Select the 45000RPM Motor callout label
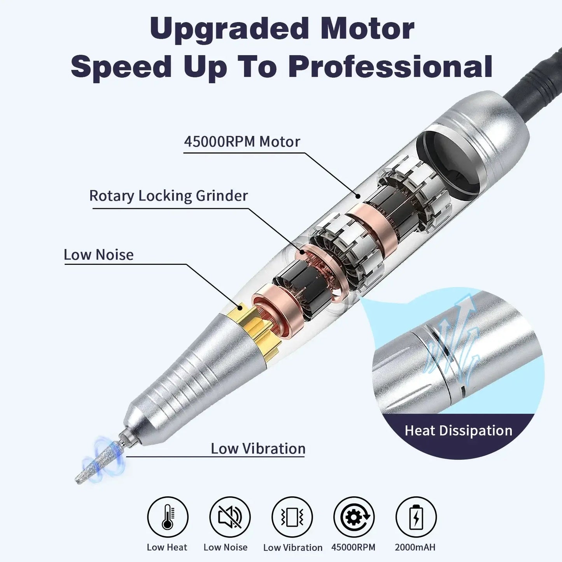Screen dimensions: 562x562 click(242, 142)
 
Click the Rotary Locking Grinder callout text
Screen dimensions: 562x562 click(168, 196)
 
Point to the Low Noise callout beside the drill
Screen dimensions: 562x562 click(98, 255)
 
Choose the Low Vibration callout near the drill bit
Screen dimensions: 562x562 click(258, 448)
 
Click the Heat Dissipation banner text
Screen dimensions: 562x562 click(458, 431)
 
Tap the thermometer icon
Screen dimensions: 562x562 click(168, 517)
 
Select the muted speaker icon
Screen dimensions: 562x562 click(229, 517)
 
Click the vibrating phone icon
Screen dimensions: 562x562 click(292, 517)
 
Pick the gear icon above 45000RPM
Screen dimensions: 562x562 click(354, 517)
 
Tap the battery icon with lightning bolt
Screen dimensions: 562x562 click(416, 517)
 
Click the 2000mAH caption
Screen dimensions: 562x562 click(415, 547)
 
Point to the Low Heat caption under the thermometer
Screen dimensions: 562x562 click(167, 547)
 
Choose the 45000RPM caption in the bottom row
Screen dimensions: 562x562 click(353, 547)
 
